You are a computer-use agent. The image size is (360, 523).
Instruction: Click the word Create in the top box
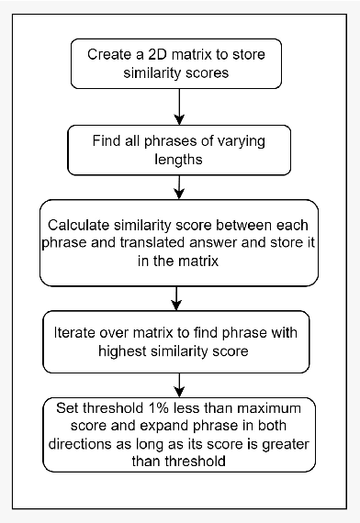coord(110,53)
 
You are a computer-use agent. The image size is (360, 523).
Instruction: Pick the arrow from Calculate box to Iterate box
coord(180,298)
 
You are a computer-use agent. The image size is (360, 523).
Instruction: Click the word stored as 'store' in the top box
coord(272,53)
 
